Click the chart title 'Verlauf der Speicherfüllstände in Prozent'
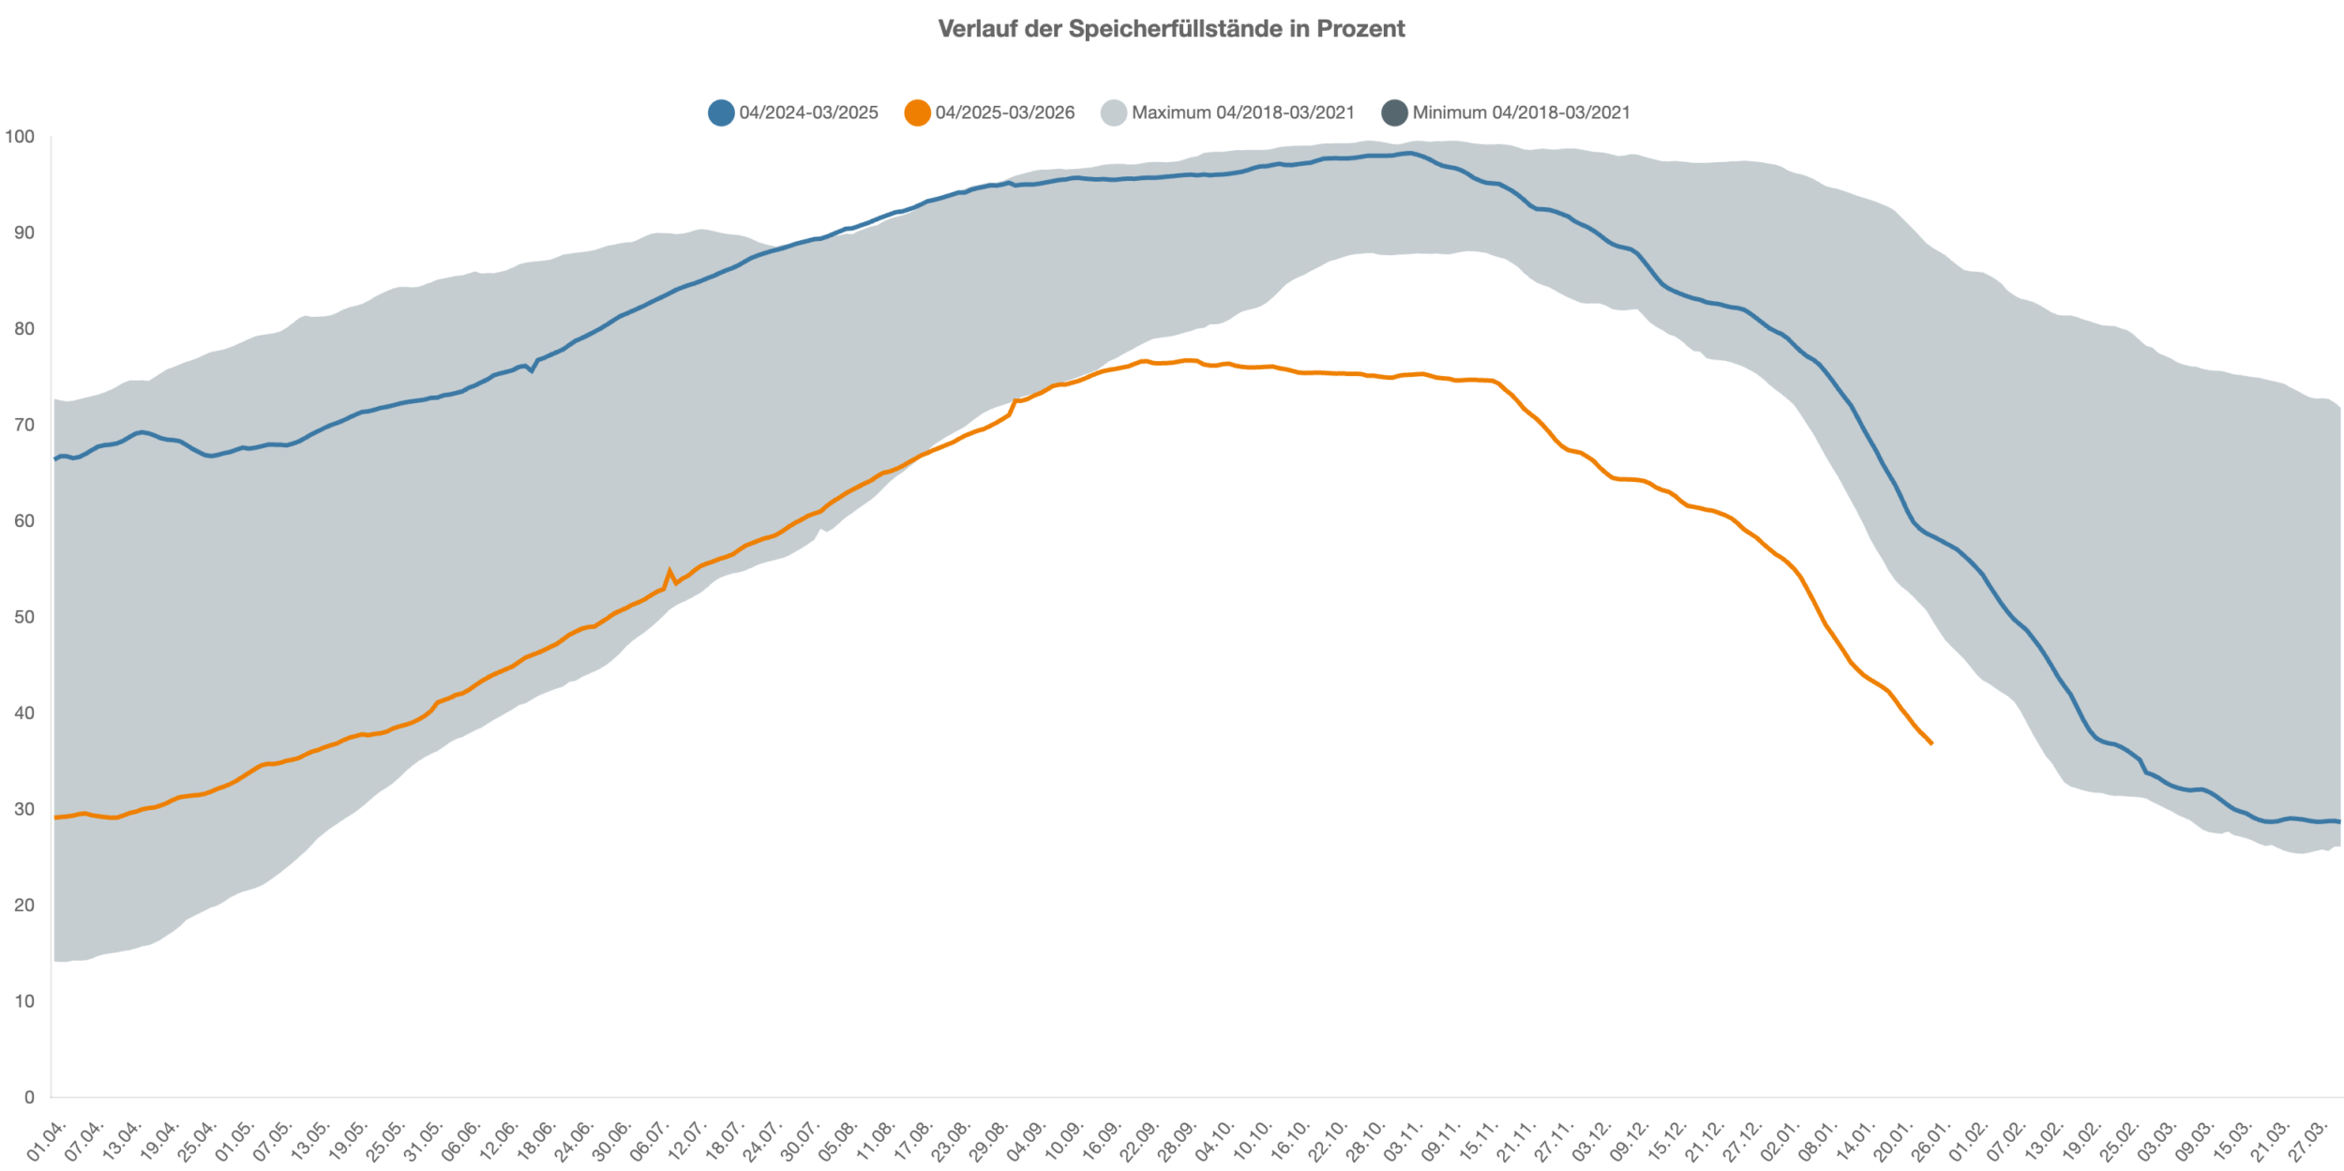[1171, 29]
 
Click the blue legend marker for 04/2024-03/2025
[721, 113]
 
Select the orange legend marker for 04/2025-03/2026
[917, 113]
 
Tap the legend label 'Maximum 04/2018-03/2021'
[1242, 113]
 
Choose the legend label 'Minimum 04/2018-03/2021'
[1521, 113]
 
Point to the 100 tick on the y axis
[20, 137]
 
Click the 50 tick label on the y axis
[23, 617]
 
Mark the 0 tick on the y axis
[29, 1097]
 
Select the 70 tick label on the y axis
[23, 425]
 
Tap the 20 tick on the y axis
[23, 905]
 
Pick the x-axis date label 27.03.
[2309, 1139]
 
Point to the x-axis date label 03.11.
[1405, 1139]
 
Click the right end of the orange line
[1931, 743]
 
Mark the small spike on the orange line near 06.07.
[669, 570]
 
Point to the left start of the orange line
[55, 818]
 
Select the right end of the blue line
[2339, 822]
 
